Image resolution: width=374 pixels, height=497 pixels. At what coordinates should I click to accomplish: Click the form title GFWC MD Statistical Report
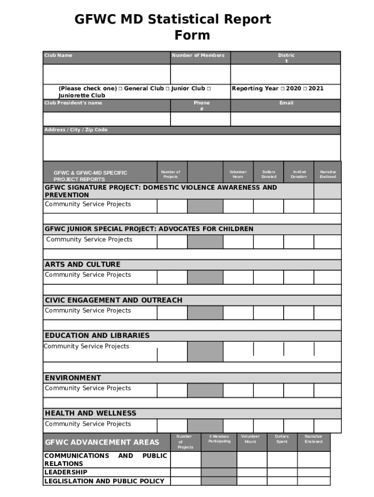tap(172, 20)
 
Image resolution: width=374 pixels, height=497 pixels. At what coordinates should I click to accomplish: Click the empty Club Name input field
tap(106, 74)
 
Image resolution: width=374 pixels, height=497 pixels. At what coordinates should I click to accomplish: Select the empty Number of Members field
tap(200, 74)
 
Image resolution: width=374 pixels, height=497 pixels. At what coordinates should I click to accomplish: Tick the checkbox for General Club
tap(120, 89)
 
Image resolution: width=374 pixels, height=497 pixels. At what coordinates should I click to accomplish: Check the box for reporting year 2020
tap(282, 89)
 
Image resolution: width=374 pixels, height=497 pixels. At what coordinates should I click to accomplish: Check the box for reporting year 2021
tap(305, 89)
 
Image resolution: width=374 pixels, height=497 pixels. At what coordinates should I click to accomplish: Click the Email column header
tap(286, 103)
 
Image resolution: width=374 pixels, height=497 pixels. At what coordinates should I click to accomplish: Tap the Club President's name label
tap(73, 103)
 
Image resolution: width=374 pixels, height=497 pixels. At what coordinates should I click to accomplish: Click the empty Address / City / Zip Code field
tap(191, 147)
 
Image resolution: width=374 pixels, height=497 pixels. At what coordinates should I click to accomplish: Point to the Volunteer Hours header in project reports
tap(238, 174)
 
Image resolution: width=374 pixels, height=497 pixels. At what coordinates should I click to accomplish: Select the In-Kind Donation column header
tap(299, 174)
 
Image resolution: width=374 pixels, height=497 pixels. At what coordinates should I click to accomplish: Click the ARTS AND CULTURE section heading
tap(83, 265)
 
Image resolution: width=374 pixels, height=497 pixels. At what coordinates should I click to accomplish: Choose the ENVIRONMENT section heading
tap(73, 378)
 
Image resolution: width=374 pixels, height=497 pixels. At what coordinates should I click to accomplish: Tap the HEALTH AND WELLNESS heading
tap(90, 413)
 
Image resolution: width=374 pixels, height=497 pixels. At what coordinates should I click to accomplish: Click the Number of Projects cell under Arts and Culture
tap(172, 277)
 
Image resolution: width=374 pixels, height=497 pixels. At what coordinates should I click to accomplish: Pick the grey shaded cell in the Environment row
tap(205, 390)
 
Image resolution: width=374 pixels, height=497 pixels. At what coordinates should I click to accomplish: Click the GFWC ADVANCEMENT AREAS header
tap(102, 442)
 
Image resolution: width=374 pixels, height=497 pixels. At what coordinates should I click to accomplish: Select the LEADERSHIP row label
tap(66, 472)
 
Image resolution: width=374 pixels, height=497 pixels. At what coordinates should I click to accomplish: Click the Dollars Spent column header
tap(282, 439)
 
